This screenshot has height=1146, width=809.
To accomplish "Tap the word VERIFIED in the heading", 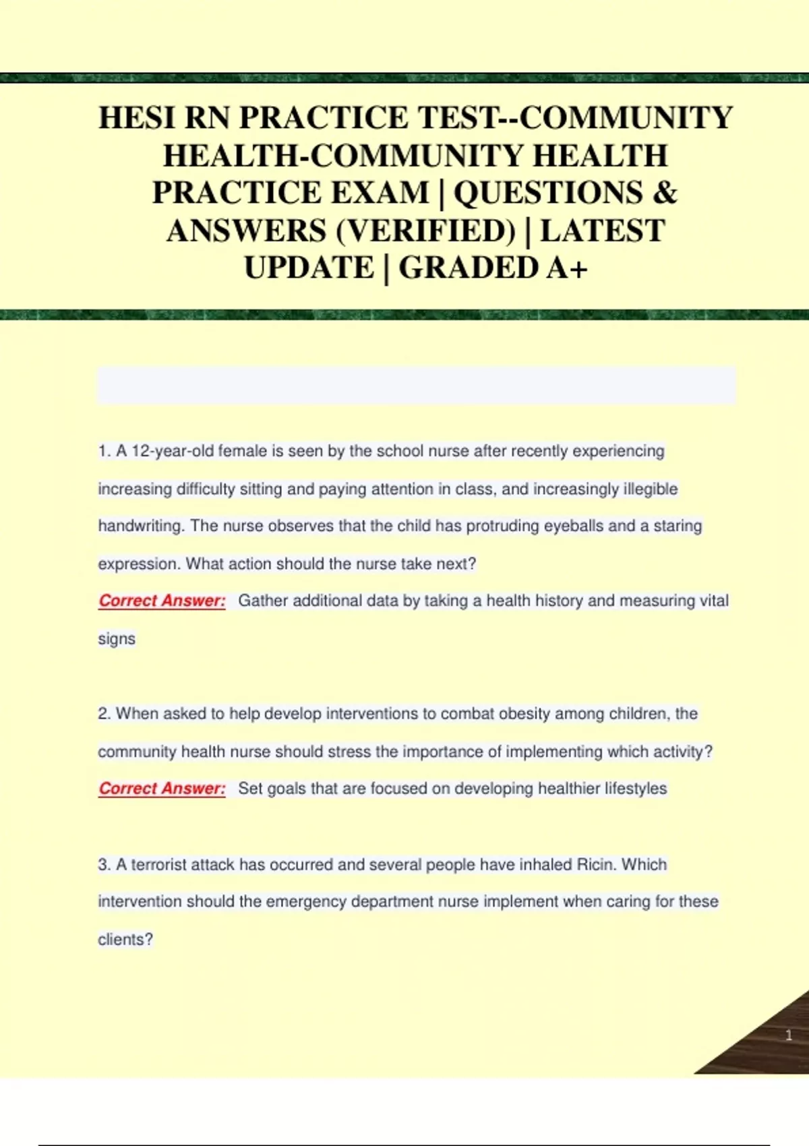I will click(x=425, y=231).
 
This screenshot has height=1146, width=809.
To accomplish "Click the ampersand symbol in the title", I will click(x=665, y=193).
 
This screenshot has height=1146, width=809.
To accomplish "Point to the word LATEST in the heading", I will click(x=602, y=231).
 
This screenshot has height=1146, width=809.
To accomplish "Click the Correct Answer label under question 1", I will click(x=162, y=601).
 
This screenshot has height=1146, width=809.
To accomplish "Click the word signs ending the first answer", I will click(x=117, y=638).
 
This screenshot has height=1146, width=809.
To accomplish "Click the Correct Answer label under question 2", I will click(x=162, y=788).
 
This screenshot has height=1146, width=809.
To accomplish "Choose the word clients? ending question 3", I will click(x=125, y=939).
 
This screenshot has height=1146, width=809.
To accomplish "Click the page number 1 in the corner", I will click(x=789, y=1035).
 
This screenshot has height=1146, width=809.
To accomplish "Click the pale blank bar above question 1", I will click(x=417, y=386).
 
